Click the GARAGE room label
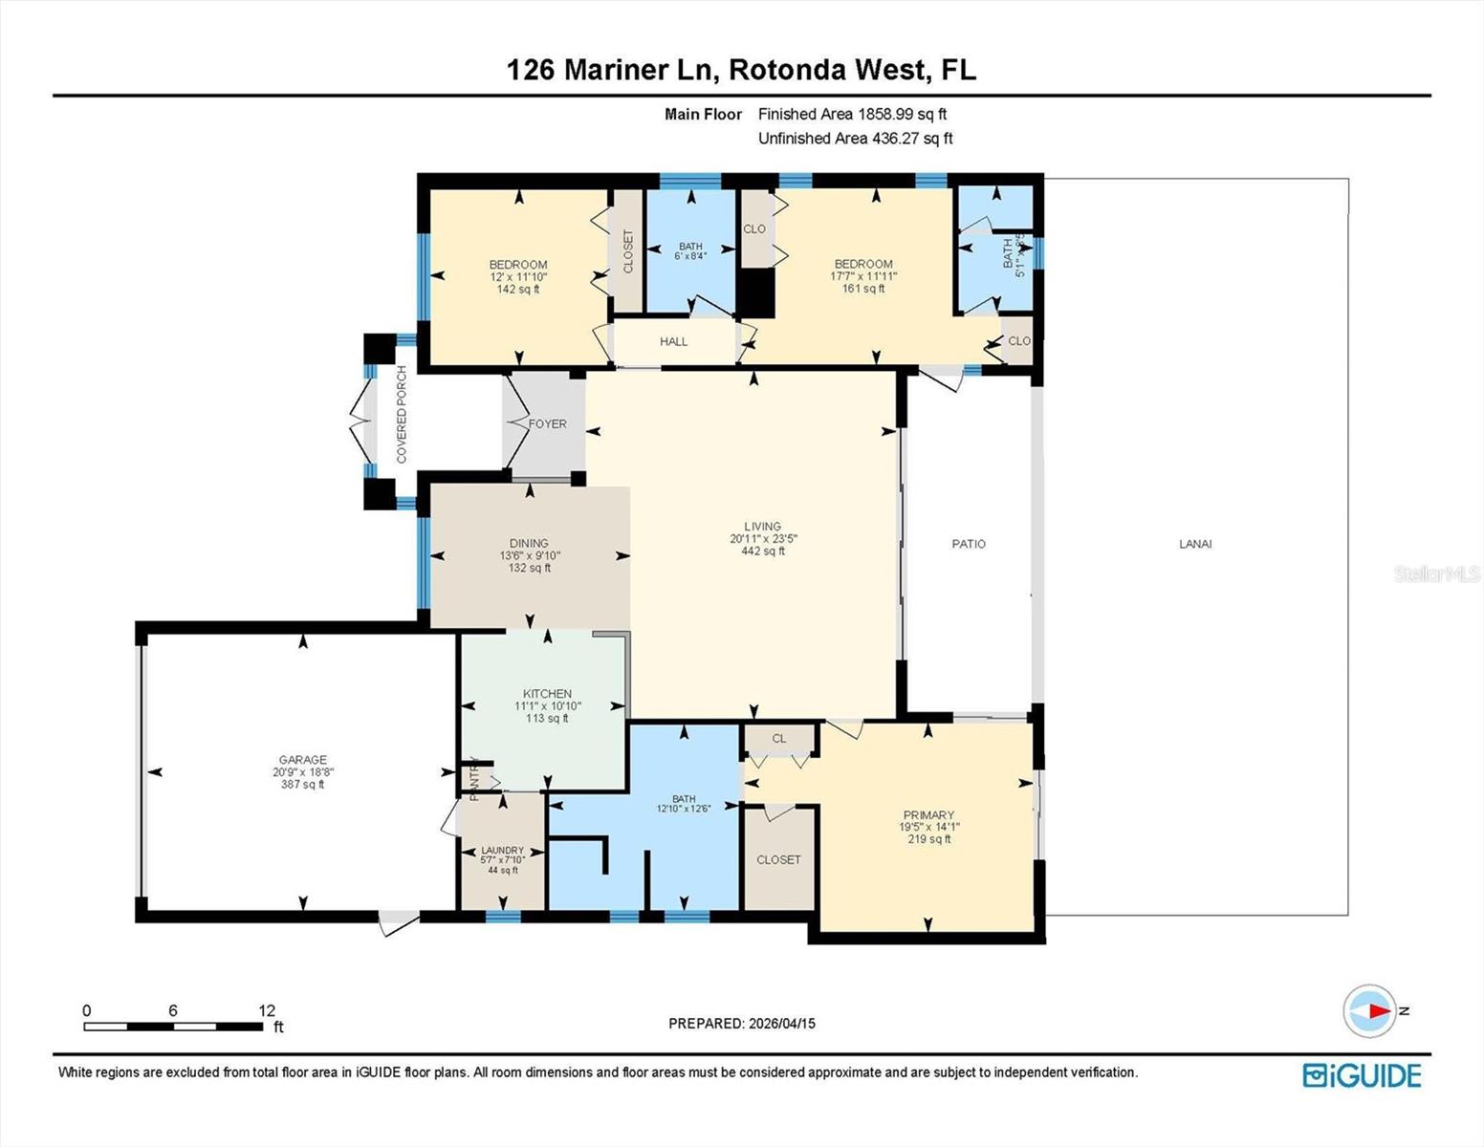tap(302, 760)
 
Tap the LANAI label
tap(1195, 544)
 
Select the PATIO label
tap(969, 544)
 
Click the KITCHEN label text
tap(547, 694)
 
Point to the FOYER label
tap(548, 423)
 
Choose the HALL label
tap(673, 341)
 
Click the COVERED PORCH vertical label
tap(402, 414)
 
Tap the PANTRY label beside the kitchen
tap(473, 777)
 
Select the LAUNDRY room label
tap(502, 850)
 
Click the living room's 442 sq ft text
tap(763, 551)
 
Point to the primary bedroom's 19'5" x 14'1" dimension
tap(928, 828)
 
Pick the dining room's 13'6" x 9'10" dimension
tap(529, 555)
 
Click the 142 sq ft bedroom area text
tap(518, 289)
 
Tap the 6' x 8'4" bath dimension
tap(690, 256)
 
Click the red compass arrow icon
tap(1376, 1010)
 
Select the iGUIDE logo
tap(1362, 1075)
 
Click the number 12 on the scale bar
tap(266, 1010)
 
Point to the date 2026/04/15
tap(781, 1024)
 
